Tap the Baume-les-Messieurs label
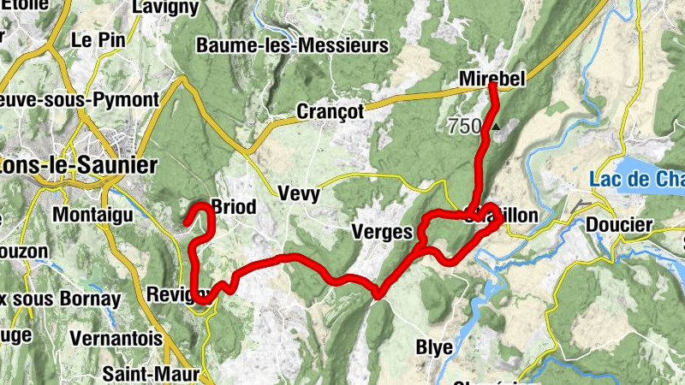(x=292, y=45)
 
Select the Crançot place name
(x=330, y=111)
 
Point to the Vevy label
(x=299, y=194)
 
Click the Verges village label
(x=382, y=232)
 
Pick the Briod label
(x=233, y=207)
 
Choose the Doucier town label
(x=619, y=226)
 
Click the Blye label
(x=433, y=346)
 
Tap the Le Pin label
(x=93, y=39)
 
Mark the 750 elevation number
(x=464, y=127)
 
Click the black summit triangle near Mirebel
(x=496, y=127)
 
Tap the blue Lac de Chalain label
(x=638, y=179)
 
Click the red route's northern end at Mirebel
(x=493, y=85)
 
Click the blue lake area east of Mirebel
(x=655, y=163)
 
